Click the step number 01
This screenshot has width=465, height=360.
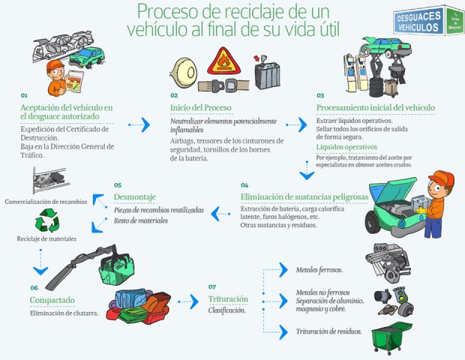coord(24,96)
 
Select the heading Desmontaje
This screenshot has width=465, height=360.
coord(135,197)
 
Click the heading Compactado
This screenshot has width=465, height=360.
coord(52,301)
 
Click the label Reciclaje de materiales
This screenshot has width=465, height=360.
coord(47,239)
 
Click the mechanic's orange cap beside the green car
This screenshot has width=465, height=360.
coord(442,178)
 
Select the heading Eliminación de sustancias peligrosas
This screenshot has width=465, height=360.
coord(304,197)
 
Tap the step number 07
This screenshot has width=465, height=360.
coord(212,286)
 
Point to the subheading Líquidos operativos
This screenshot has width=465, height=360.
coord(346,147)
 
